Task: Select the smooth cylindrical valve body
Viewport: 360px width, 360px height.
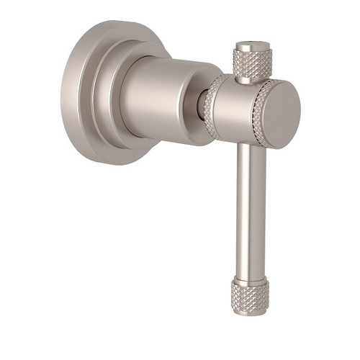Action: (162, 90)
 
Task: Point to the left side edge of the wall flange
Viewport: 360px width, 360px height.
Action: (68, 94)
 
